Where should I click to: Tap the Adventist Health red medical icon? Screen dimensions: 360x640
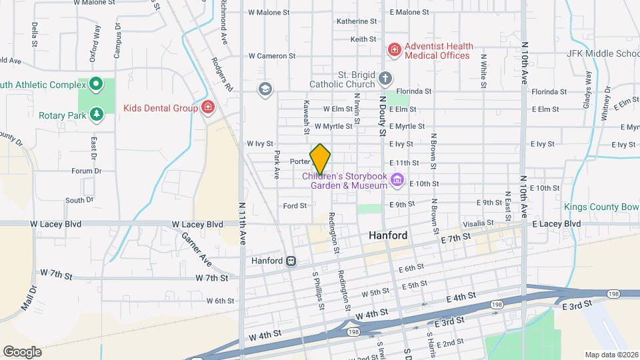pos(395,50)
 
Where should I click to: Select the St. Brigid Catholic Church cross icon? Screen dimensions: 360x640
pos(385,79)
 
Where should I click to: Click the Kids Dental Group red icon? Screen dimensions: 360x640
pos(208,107)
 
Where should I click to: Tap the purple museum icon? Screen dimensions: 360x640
pos(397,179)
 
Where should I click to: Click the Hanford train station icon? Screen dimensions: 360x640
pos(291,261)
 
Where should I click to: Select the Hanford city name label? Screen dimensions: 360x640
pos(387,236)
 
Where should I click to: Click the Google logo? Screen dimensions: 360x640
pos(22,351)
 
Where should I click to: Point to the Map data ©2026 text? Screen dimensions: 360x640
pos(611,355)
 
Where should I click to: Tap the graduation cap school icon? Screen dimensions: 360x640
pos(265,89)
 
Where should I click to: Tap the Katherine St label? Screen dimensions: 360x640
pos(357,21)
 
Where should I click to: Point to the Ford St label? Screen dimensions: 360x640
pos(295,206)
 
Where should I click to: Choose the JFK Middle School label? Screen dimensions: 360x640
pos(603,54)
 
